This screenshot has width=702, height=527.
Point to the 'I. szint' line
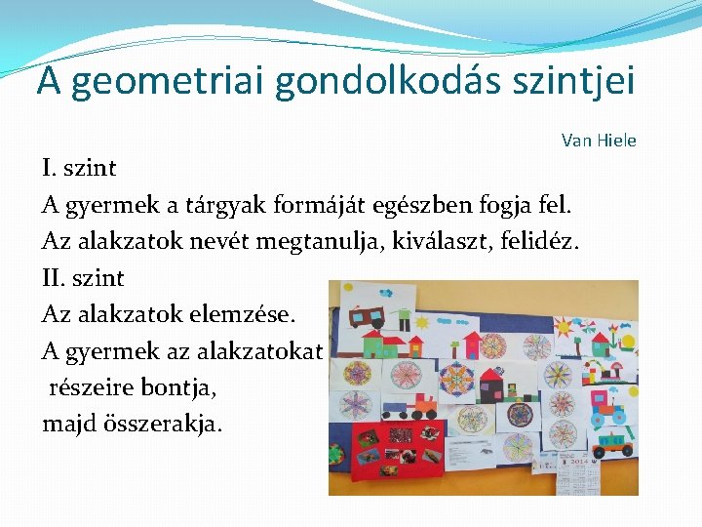click(x=79, y=168)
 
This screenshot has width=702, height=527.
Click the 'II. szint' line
click(x=84, y=278)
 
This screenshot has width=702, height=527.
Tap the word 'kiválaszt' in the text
click(x=421, y=241)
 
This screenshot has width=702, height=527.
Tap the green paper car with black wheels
click(x=398, y=410)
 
